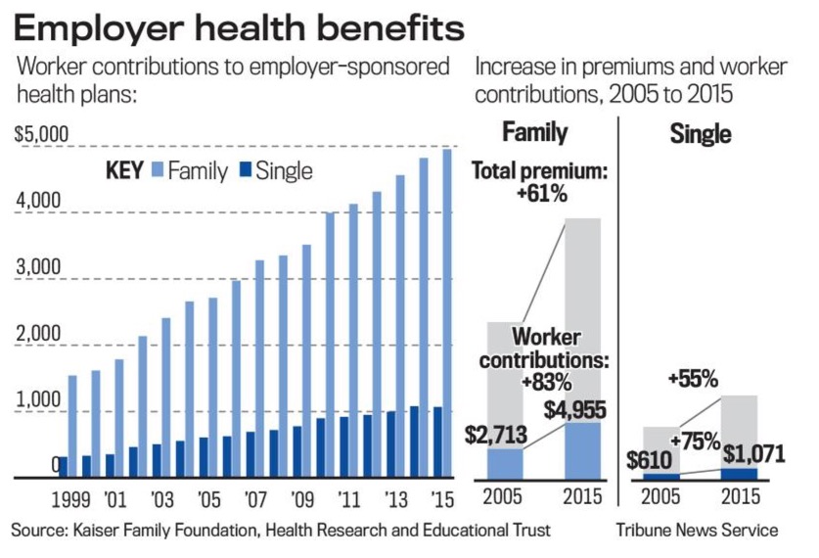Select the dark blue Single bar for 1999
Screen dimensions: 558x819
point(63,467)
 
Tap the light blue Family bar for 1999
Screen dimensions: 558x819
point(72,427)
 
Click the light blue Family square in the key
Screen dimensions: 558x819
point(157,171)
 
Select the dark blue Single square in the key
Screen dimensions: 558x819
point(244,171)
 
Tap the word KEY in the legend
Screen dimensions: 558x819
point(124,171)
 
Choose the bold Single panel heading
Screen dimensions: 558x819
point(701,134)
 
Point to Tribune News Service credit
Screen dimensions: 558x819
point(697,530)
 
